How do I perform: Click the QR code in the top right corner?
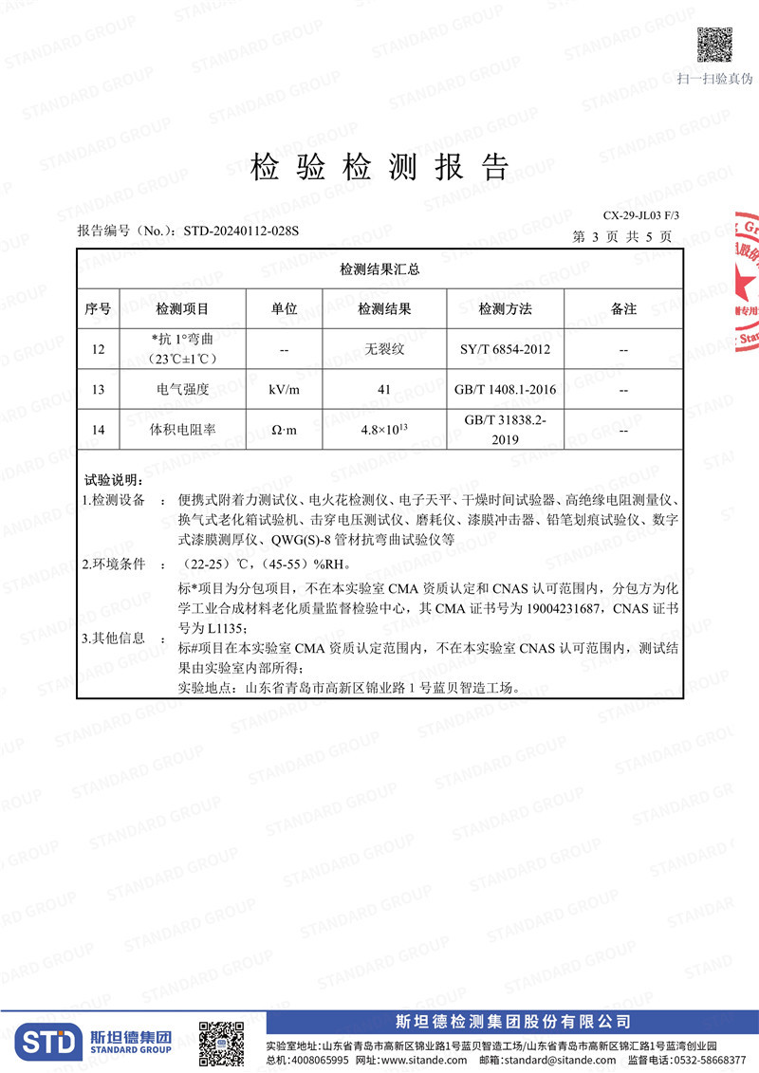(x=715, y=45)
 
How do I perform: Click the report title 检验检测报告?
(x=379, y=167)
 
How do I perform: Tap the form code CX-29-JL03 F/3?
(x=641, y=216)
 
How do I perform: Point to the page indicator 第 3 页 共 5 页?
(x=623, y=236)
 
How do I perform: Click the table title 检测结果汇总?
(x=379, y=269)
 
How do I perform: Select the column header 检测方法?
(x=505, y=309)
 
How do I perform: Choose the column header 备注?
(x=623, y=309)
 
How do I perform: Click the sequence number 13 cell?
(x=99, y=389)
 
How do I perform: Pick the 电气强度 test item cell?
(x=182, y=389)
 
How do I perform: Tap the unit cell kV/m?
(x=285, y=389)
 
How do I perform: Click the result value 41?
(x=384, y=389)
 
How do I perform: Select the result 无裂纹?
(x=384, y=349)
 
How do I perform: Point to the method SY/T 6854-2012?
(x=505, y=349)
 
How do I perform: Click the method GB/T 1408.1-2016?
(x=505, y=389)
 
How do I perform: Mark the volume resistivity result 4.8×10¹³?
(x=384, y=429)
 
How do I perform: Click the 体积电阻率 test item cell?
(x=182, y=430)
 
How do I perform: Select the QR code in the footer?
(x=220, y=1044)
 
